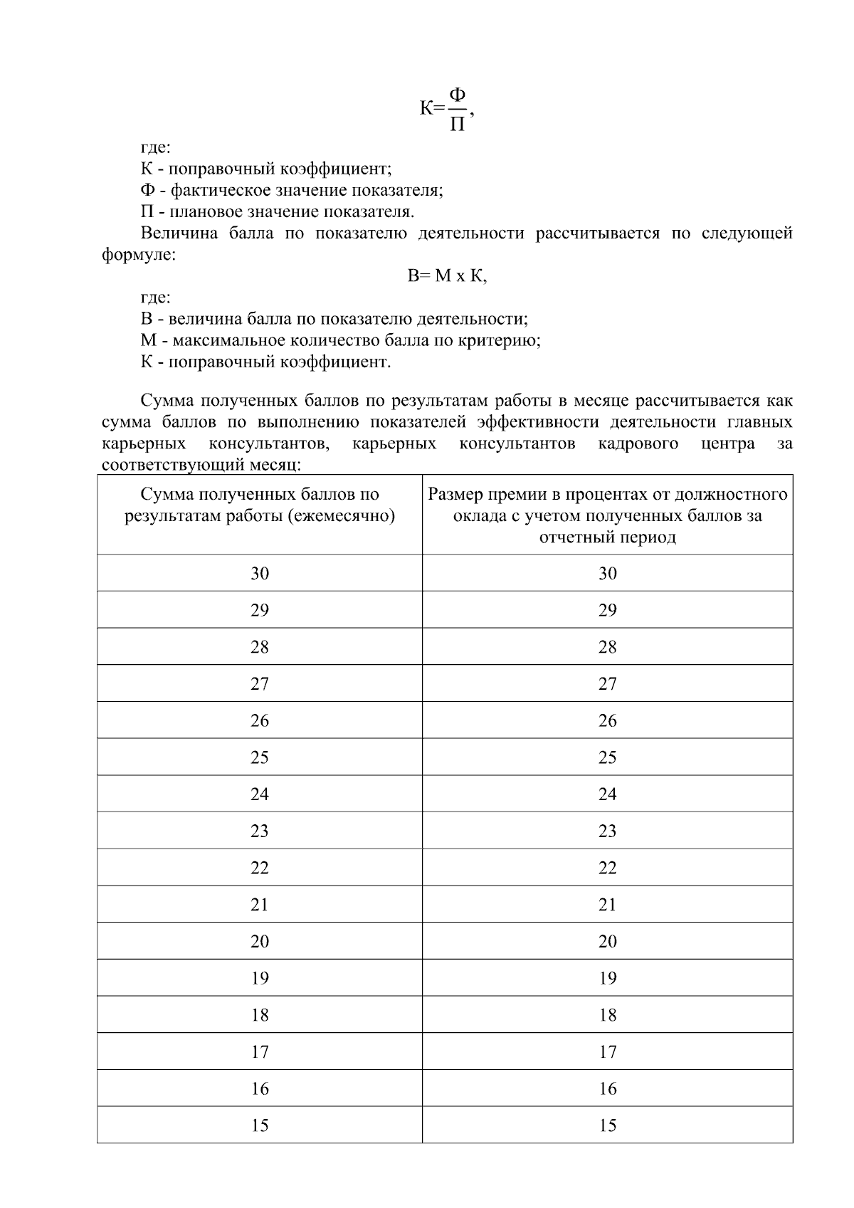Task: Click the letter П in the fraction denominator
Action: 458,125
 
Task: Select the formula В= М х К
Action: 447,276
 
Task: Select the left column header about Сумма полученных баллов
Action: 260,505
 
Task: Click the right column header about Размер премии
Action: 607,515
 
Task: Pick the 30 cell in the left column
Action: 260,573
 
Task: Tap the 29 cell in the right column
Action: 607,610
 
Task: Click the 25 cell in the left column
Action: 260,757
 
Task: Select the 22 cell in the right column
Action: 607,868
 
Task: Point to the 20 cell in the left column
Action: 260,941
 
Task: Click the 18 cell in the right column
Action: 607,1015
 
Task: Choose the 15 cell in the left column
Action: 260,1125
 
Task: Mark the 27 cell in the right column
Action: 607,684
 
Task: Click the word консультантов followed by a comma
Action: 270,444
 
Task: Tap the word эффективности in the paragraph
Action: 538,423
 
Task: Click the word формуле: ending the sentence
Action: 139,255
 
